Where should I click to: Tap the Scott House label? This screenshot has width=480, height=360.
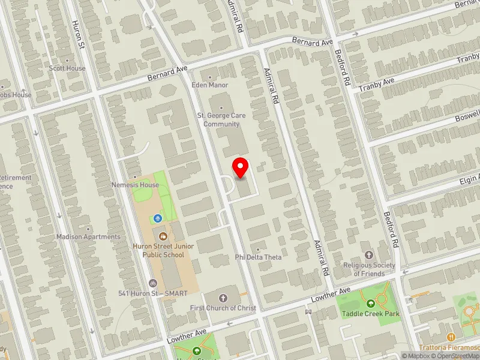67,68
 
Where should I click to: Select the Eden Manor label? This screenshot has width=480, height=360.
209,85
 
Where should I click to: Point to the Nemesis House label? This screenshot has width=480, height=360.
135,185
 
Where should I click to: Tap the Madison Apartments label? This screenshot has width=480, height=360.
88,236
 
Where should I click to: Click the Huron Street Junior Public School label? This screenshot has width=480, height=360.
158,250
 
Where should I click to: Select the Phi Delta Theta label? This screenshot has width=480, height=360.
258,257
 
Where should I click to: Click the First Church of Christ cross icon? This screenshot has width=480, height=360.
223,298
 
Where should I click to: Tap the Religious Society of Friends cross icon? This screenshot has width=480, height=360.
369,254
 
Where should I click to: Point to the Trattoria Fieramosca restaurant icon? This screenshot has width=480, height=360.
451,337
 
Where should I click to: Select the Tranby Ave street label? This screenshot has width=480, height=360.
376,84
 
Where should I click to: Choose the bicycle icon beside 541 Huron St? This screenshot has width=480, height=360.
152,283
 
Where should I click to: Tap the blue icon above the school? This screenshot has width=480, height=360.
158,218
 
